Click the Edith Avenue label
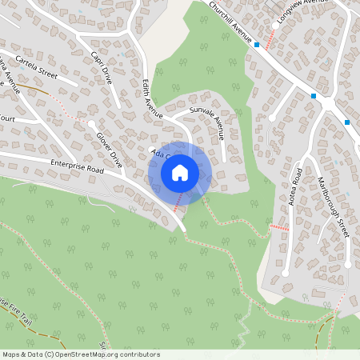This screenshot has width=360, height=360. tap(151, 98)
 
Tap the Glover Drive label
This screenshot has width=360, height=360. tap(109, 146)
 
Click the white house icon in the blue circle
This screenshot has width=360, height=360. tap(180, 173)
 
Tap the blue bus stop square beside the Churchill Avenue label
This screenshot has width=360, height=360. tap(256, 45)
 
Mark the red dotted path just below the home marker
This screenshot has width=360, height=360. tap(178, 202)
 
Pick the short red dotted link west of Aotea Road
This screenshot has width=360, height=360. tap(279, 228)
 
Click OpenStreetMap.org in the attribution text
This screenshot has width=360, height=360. tap(95, 354)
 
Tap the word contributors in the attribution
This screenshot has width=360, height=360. tap(142, 354)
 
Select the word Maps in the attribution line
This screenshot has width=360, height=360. tap(12, 354)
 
